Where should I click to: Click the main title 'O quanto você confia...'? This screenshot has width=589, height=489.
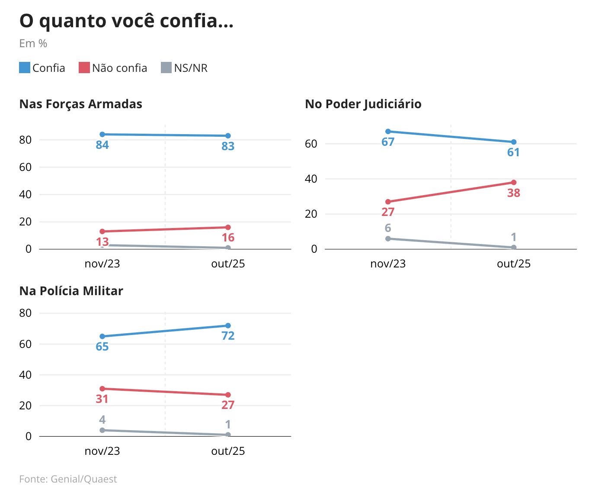(126, 21)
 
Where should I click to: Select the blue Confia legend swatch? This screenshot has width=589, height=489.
(25, 68)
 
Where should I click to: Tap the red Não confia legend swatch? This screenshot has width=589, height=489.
(84, 68)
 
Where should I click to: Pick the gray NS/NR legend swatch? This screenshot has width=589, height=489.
(166, 68)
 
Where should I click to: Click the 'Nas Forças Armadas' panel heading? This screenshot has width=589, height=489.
(81, 104)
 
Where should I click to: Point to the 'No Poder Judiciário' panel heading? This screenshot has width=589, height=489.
(363, 104)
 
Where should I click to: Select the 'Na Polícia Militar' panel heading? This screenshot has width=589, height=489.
(71, 291)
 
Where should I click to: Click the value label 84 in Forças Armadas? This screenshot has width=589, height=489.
(102, 145)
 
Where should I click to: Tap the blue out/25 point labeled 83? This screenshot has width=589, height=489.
(228, 136)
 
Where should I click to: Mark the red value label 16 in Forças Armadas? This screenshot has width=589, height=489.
(228, 238)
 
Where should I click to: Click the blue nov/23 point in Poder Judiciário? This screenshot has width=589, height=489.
(388, 132)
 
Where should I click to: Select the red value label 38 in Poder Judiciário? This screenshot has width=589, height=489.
(513, 193)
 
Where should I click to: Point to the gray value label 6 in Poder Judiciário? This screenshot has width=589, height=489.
(388, 228)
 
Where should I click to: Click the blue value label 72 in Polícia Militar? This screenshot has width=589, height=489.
(228, 336)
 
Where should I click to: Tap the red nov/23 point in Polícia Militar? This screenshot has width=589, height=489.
(102, 389)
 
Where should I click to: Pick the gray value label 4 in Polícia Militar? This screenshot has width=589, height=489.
(102, 420)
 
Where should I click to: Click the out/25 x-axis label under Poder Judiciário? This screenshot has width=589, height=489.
(513, 264)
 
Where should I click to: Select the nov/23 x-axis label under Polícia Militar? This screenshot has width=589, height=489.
(102, 451)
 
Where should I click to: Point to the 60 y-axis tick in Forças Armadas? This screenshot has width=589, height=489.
(26, 167)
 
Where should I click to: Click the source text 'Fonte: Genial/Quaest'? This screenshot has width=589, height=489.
(68, 479)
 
